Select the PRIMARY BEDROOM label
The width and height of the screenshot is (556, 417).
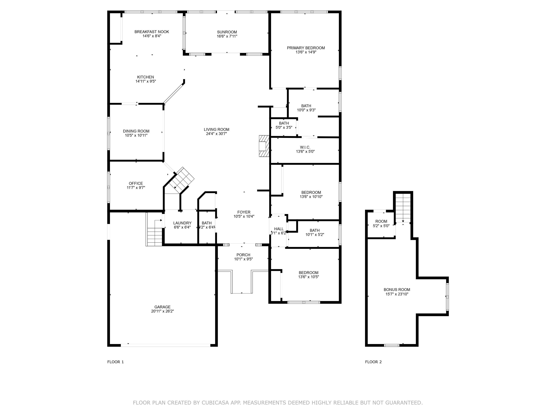coord(306,48)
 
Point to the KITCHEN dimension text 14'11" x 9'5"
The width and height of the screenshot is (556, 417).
coord(146,81)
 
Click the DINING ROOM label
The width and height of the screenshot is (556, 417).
coord(136,131)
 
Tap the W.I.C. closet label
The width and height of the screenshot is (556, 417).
coord(305,148)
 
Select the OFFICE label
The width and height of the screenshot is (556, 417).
coord(136,184)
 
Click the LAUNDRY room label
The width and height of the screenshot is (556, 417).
coord(182,223)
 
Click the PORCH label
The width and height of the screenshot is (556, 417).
coord(243,255)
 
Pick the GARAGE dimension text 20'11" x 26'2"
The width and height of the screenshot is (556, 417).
coord(162,311)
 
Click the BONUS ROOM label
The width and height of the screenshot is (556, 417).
coord(397,290)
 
